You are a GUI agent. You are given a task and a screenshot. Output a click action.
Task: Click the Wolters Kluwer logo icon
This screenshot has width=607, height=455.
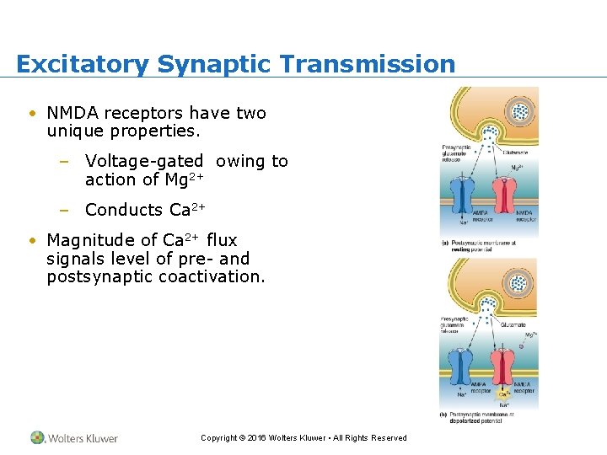point(38,437)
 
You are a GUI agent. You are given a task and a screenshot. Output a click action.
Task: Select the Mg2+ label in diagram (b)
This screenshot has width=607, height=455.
point(529,335)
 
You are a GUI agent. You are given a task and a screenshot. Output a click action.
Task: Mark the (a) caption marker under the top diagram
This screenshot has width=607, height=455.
point(444,244)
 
